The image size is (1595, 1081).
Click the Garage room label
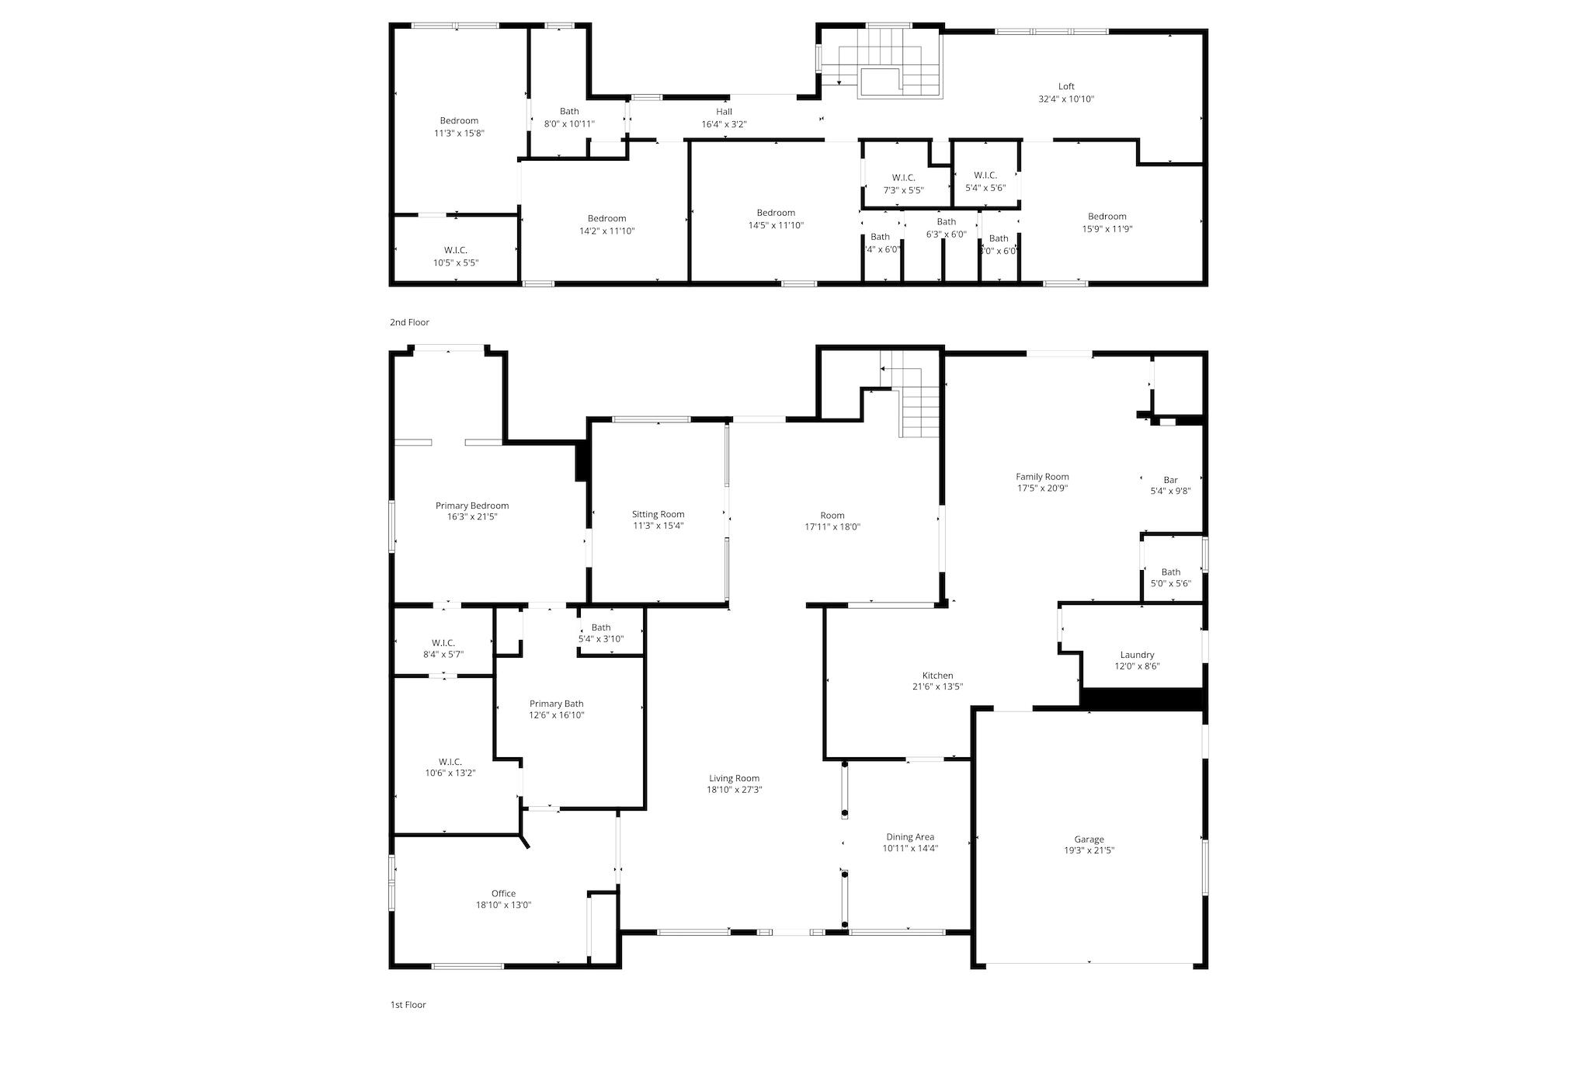[1089, 839]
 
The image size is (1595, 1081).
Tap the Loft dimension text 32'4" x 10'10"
[1066, 99]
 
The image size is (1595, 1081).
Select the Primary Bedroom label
[472, 506]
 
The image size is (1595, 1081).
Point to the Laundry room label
[1137, 655]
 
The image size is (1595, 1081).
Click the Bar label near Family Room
[1170, 480]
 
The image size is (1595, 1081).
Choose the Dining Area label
[910, 837]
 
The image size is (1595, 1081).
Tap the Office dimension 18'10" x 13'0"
[503, 905]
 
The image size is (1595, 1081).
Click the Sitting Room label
[658, 514]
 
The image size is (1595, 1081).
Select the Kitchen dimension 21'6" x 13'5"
[937, 686]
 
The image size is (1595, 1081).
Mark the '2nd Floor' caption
[409, 322]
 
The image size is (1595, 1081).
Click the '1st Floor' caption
[408, 1004]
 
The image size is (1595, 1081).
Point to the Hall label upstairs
[724, 112]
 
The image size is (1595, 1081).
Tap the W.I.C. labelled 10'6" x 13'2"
[450, 762]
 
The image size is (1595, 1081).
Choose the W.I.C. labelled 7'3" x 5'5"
[904, 178]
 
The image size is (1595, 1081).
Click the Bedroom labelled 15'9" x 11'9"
[1107, 217]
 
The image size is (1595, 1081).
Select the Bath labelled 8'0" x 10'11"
[569, 112]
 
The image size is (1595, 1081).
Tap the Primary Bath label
[556, 704]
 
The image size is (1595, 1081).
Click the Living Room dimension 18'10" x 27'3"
[734, 790]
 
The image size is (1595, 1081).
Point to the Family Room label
[1042, 477]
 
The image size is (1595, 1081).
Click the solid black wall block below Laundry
[1142, 699]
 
